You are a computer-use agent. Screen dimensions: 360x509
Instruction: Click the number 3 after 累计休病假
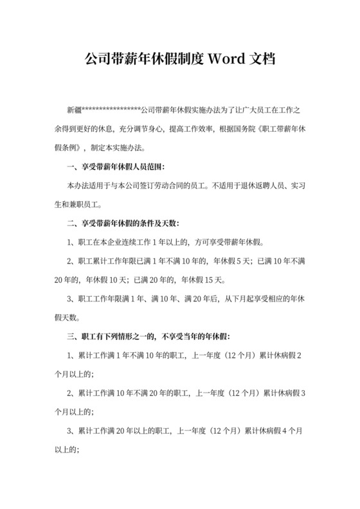pyautogui.click(x=303, y=393)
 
